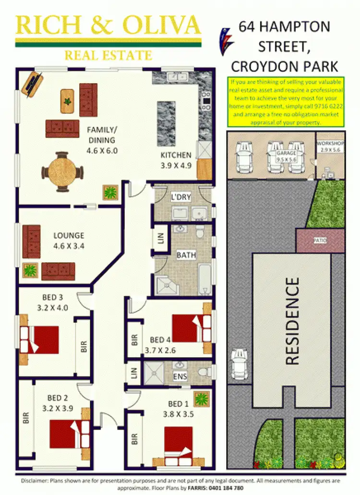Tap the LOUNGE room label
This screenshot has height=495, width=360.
pyautogui.click(x=69, y=236)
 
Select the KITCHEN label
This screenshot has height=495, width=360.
pyautogui.click(x=176, y=155)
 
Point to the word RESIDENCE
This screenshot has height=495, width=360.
pyautogui.click(x=292, y=321)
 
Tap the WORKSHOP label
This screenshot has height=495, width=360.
pyautogui.click(x=330, y=144)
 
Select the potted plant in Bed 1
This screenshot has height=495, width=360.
pyautogui.click(x=202, y=398)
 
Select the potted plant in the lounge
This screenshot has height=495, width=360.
pyautogui.click(x=30, y=270)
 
